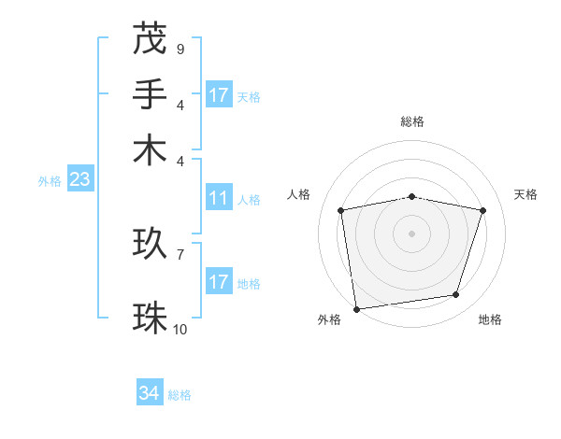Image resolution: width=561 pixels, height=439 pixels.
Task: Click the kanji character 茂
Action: (150, 38)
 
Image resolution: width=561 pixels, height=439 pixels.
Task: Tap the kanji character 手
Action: (150, 94)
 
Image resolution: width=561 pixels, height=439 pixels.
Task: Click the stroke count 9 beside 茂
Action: (180, 49)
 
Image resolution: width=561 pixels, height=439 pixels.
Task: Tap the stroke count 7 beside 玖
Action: (180, 254)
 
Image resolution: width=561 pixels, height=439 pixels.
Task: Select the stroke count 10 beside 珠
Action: (180, 329)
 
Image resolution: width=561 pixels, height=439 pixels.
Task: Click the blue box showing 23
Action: (79, 179)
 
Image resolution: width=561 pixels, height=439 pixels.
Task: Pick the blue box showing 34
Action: (150, 394)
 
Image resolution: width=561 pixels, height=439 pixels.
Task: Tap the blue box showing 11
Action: (219, 198)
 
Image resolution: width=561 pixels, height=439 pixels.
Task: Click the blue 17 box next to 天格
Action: (219, 95)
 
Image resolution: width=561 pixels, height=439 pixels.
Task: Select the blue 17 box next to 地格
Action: (219, 282)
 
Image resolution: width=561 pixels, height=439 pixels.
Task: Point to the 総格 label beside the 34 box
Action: (180, 395)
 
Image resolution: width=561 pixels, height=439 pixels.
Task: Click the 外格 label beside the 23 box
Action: (50, 181)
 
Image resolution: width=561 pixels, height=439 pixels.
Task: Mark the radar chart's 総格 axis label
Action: (412, 121)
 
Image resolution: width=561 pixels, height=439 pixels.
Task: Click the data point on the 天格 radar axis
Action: (483, 210)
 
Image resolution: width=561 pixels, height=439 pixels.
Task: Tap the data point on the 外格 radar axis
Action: (356, 308)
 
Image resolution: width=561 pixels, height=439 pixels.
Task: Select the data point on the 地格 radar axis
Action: (456, 295)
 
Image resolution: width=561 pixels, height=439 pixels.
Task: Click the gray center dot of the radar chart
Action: (412, 233)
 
